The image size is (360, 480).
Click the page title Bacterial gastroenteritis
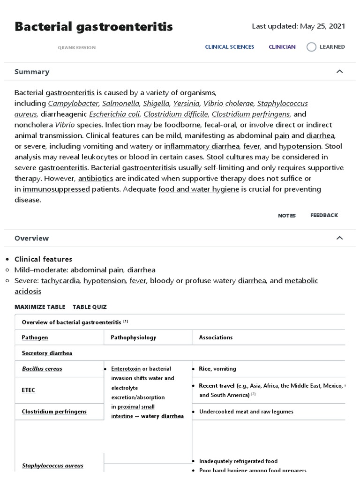(94, 27)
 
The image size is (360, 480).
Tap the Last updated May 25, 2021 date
(298, 26)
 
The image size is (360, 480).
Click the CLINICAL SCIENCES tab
(230, 47)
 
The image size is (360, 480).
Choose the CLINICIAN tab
(282, 47)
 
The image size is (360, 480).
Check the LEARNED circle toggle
(311, 47)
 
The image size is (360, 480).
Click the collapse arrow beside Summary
(340, 72)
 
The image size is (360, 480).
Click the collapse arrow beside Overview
(340, 238)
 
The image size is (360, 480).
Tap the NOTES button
(287, 216)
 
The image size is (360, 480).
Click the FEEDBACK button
(324, 215)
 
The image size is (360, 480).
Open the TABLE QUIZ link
(90, 307)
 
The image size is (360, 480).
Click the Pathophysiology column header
(134, 337)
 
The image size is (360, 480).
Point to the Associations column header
(216, 337)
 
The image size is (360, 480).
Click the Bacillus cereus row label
(42, 369)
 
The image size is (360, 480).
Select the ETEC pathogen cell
(29, 390)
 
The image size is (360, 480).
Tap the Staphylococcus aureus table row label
(52, 465)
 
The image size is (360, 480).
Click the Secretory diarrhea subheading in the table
(47, 353)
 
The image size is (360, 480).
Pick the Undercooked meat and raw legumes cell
(246, 412)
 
